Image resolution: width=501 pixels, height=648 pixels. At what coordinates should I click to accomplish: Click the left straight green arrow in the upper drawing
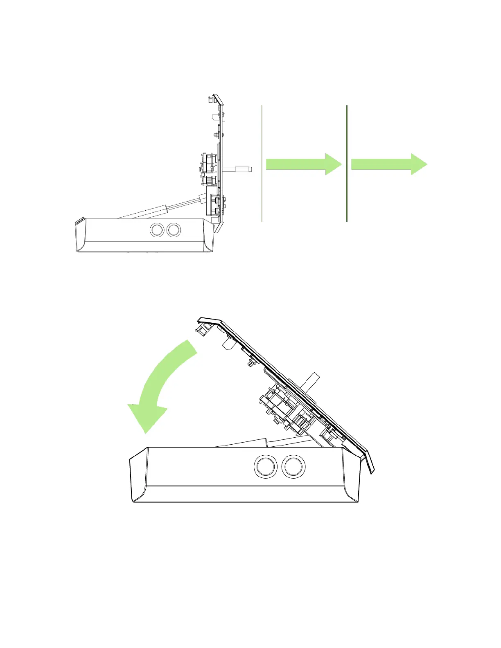coord(303,164)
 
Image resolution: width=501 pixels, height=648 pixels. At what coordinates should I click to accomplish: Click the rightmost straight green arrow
coord(388,164)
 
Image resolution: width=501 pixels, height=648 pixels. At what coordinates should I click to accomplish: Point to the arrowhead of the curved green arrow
coord(147,417)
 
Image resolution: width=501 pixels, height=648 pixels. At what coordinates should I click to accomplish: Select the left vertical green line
coord(262,164)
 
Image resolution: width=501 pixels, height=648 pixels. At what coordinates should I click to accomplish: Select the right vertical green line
coord(347,164)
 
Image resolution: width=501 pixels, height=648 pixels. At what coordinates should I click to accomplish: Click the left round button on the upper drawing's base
coord(156,230)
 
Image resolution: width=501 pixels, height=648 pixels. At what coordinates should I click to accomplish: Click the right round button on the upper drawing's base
coord(174,230)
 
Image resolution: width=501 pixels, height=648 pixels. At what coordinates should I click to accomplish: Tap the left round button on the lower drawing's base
coord(266,466)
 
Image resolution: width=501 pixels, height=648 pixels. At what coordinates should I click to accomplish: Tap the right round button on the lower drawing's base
coord(293,466)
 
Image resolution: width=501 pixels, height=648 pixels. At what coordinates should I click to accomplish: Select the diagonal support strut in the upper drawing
coord(164,209)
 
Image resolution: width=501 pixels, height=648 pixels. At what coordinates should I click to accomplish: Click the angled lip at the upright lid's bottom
coord(219,227)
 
